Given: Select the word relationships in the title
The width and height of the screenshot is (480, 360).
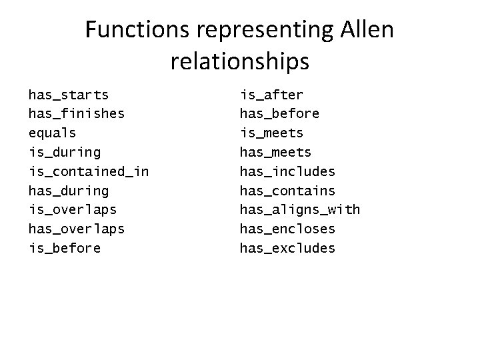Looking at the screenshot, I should pyautogui.click(x=240, y=61).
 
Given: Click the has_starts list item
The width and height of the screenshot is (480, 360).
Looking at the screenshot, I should pyautogui.click(x=69, y=95).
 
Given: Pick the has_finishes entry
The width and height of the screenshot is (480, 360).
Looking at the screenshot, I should pyautogui.click(x=76, y=114).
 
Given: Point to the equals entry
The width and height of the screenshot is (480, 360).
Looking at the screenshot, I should pyautogui.click(x=52, y=133).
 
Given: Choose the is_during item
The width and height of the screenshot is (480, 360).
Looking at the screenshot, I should pyautogui.click(x=65, y=153).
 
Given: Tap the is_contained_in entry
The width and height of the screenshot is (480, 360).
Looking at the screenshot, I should pyautogui.click(x=88, y=172).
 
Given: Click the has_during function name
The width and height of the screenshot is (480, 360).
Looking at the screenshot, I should pyautogui.click(x=69, y=191).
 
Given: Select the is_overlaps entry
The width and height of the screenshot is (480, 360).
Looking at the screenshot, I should pyautogui.click(x=72, y=210).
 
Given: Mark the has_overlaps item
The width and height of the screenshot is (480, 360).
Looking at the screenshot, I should pyautogui.click(x=76, y=229).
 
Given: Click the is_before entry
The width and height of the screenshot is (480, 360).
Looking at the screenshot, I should pyautogui.click(x=65, y=249).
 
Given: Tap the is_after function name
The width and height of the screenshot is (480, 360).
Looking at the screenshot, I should pyautogui.click(x=271, y=95).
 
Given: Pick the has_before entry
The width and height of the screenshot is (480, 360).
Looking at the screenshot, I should pyautogui.click(x=279, y=114).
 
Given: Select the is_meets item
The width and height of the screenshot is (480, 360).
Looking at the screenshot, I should pyautogui.click(x=271, y=133).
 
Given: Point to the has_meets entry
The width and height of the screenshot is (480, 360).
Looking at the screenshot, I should pyautogui.click(x=275, y=153).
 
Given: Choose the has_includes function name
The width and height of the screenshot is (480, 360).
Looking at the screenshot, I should pyautogui.click(x=287, y=172).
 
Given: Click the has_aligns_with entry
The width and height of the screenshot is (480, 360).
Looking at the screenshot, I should pyautogui.click(x=299, y=210).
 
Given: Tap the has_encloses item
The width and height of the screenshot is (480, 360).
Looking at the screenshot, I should pyautogui.click(x=287, y=229).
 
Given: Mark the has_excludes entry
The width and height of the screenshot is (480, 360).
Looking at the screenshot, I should pyautogui.click(x=287, y=249).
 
